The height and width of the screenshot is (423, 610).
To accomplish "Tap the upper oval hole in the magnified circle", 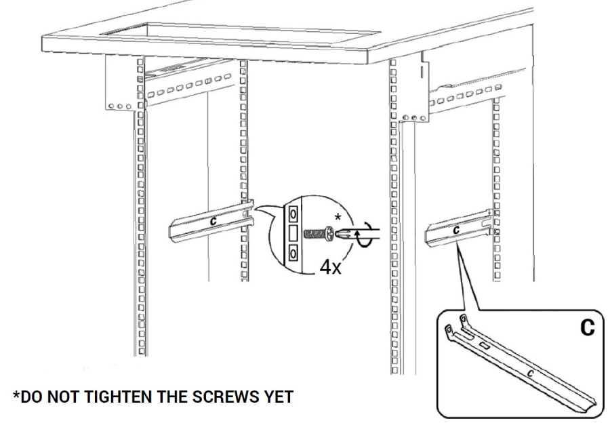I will pyautogui.click(x=293, y=213).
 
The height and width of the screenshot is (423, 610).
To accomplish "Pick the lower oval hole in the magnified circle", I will pyautogui.click(x=293, y=254).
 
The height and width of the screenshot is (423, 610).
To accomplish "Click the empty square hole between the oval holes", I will pyautogui.click(x=293, y=233).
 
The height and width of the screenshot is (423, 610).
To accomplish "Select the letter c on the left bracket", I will pyautogui.click(x=213, y=220).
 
